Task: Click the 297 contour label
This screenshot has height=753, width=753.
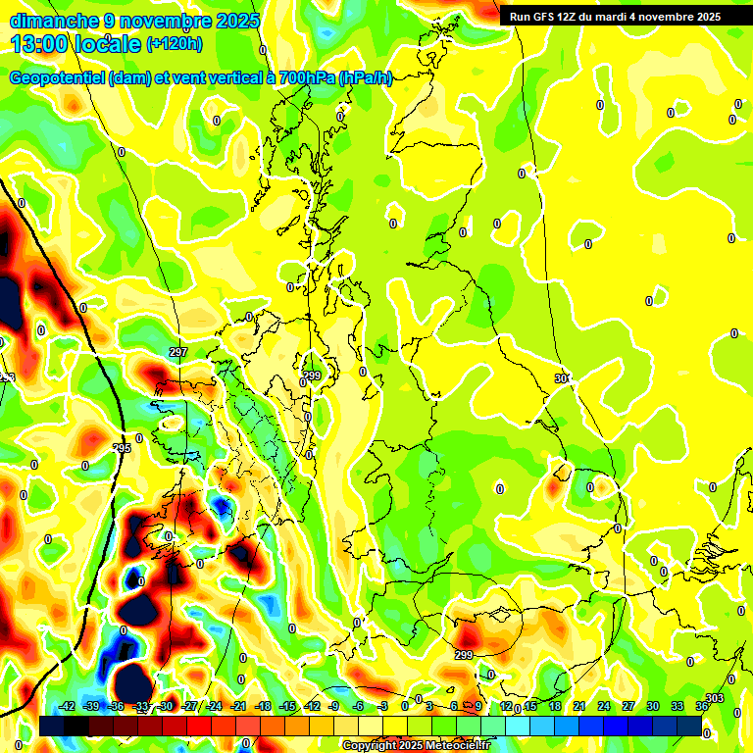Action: point(177,352)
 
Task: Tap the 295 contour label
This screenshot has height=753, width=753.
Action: point(122,448)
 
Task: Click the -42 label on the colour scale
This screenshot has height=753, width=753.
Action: point(68,706)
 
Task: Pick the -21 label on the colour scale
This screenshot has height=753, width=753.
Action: point(238,706)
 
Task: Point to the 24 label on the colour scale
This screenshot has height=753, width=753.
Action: point(604,706)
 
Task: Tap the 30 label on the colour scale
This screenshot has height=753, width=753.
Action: point(653,706)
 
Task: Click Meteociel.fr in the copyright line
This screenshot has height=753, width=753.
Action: point(457,745)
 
